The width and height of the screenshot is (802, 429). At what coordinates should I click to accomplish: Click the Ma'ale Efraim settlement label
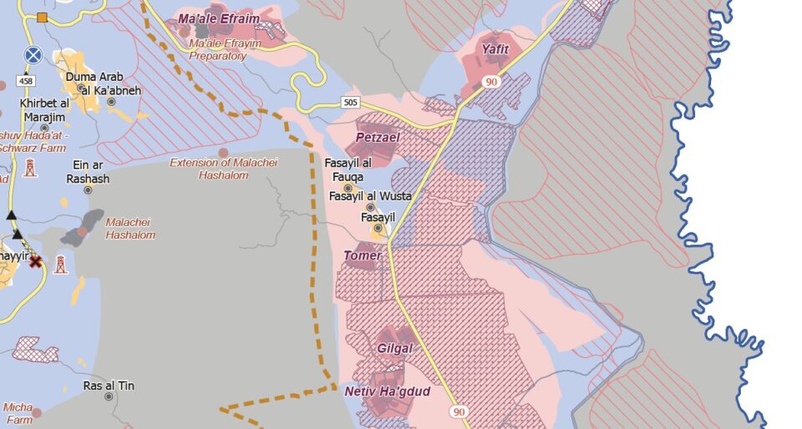(x=219, y=19)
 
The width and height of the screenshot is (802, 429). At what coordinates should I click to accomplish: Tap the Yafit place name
(x=495, y=49)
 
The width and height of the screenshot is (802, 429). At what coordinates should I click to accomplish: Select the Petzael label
(x=378, y=137)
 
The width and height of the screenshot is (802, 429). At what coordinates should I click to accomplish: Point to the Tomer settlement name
(x=362, y=255)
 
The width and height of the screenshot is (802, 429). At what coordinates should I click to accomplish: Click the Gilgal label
(x=394, y=349)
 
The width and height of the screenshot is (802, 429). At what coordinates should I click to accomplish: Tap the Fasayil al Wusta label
(x=370, y=196)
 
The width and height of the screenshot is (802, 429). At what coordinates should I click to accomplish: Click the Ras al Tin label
(x=109, y=386)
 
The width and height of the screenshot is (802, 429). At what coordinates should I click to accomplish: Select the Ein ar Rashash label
(x=88, y=172)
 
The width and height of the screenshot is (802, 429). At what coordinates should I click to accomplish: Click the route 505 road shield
(x=351, y=103)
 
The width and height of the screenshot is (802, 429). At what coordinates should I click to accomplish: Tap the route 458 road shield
(x=27, y=81)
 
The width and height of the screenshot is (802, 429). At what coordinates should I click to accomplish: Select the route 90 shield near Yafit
(x=490, y=82)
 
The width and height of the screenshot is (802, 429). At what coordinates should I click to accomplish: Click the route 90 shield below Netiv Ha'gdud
(x=459, y=412)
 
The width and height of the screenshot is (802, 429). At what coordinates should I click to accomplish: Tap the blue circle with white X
(x=33, y=55)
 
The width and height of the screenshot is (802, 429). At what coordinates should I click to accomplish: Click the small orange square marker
(x=42, y=17)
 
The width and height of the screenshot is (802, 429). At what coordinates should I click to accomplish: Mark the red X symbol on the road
(x=35, y=261)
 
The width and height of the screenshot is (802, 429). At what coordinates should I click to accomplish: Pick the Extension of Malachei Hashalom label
(x=223, y=169)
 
